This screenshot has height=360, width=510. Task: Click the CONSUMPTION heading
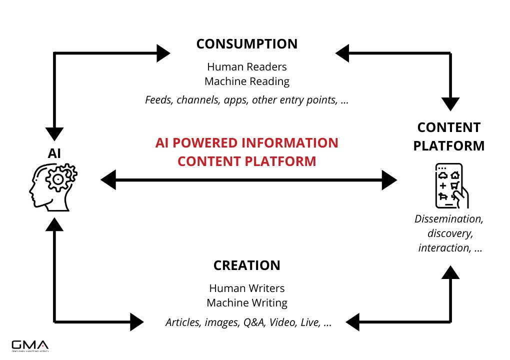coord(246,44)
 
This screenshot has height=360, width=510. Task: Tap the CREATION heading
coord(246,265)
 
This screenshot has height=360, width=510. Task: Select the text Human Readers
coord(247,66)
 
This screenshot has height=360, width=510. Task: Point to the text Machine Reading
coord(247,81)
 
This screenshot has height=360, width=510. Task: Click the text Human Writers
coord(247,288)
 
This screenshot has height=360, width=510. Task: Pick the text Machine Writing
coord(247,303)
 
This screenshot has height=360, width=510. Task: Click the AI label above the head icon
coord(54,153)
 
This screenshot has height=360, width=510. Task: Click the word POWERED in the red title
coord(208,143)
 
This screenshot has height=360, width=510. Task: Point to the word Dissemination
coord(449,219)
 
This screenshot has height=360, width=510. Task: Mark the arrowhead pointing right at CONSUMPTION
coord(163,53)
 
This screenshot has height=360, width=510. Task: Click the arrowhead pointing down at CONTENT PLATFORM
coord(450,103)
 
